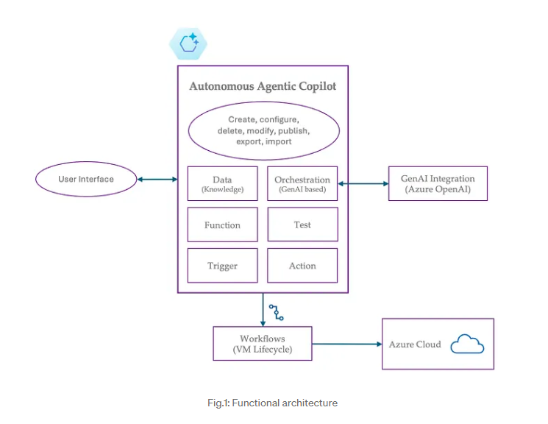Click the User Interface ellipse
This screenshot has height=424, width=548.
[x=86, y=179]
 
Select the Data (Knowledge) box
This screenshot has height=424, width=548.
[x=222, y=183]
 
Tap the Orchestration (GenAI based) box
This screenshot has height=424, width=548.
[x=302, y=183]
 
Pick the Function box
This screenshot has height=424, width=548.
[x=222, y=225]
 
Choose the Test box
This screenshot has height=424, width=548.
[x=302, y=225]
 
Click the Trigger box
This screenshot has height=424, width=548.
[x=222, y=266]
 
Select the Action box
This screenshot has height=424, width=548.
[x=302, y=266]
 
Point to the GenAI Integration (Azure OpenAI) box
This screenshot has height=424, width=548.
[x=438, y=183]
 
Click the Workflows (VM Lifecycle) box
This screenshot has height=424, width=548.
[x=263, y=344]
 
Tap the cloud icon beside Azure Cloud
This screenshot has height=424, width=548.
[x=467, y=344]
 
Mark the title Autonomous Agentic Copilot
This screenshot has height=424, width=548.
[x=263, y=86]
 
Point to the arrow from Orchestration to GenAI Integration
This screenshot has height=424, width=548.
[x=363, y=183]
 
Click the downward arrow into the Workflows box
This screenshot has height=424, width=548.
[x=263, y=309]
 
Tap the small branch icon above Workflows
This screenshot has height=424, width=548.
[x=276, y=311]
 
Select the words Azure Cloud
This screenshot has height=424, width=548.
[x=415, y=344]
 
